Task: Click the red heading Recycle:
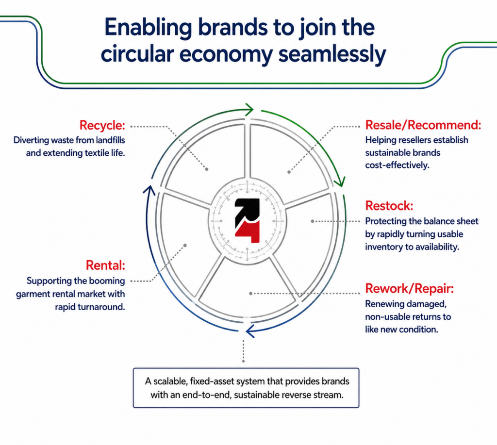102,125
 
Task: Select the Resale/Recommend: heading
423,125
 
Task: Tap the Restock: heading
389,206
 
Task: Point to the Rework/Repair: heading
410,288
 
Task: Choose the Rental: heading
105,265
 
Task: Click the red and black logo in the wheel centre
247,221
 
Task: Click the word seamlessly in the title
332,54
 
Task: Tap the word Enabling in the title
148,28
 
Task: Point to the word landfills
110,140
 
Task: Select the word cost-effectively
397,165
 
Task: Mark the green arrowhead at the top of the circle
249,110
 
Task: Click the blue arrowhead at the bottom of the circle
250,331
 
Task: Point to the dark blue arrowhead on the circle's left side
149,190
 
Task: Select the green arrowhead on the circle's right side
339,182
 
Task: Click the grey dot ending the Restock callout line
312,221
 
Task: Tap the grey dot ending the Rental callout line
185,246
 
